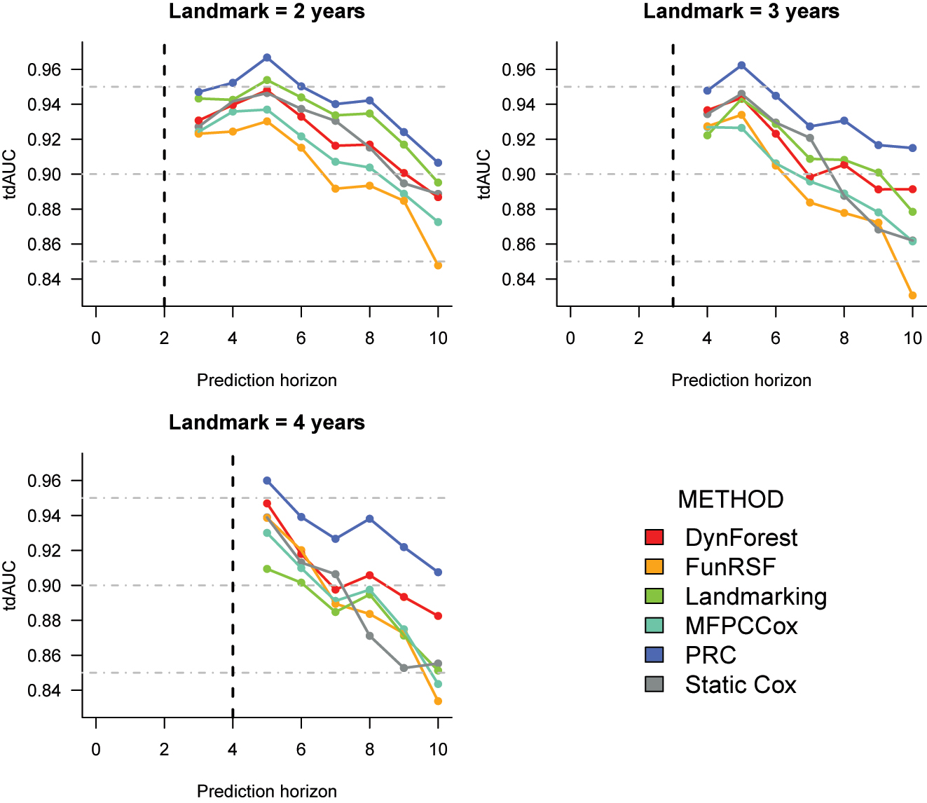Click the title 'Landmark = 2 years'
click(266, 12)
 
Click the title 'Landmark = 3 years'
click(741, 12)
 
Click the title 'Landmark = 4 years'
click(266, 423)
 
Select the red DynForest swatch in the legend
click(654, 537)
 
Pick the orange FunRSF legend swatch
click(654, 567)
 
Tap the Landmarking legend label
click(755, 596)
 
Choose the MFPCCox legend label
click(741, 626)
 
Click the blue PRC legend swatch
click(654, 655)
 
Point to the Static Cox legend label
click(740, 685)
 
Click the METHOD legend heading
click(730, 499)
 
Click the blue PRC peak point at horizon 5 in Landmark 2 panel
click(267, 57)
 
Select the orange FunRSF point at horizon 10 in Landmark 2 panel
click(438, 266)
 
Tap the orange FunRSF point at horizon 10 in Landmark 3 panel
click(912, 296)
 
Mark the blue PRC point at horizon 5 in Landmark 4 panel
click(267, 481)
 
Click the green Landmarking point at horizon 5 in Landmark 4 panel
click(267, 569)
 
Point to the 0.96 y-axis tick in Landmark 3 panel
click(520, 70)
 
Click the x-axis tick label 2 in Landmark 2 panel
click(164, 338)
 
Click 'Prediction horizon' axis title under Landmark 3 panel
click(741, 380)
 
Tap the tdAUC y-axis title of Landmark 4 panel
click(11, 585)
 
